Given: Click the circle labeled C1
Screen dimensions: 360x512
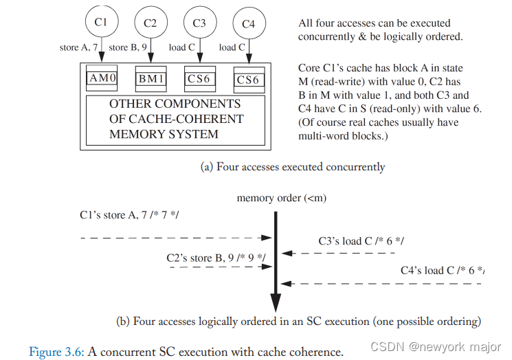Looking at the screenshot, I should click(101, 22).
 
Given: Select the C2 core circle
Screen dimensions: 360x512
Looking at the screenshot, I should click(150, 23).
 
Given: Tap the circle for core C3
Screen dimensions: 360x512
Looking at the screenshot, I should click(199, 23).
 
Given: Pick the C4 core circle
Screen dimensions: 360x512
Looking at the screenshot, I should click(248, 24).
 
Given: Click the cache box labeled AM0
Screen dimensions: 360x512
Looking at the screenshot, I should click(103, 78).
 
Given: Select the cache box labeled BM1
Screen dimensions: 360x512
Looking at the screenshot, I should click(151, 79).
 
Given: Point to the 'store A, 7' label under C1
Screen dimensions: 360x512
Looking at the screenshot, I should click(82, 47).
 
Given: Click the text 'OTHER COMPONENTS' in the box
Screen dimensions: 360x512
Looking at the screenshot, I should click(175, 104).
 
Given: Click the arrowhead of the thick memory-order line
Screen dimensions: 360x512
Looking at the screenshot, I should click(276, 303).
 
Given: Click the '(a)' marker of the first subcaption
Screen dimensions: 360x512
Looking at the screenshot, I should click(206, 167).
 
